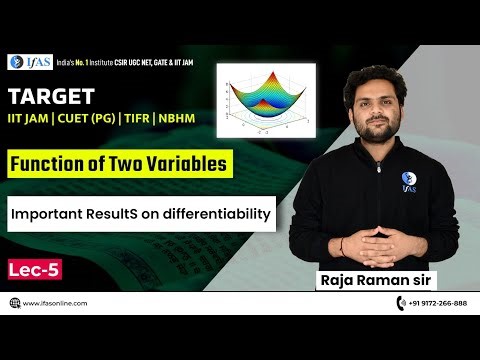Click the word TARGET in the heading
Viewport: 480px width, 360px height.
[52, 96]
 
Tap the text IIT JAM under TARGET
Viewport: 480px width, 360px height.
[31, 120]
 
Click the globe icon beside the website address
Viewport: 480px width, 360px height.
[13, 302]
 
